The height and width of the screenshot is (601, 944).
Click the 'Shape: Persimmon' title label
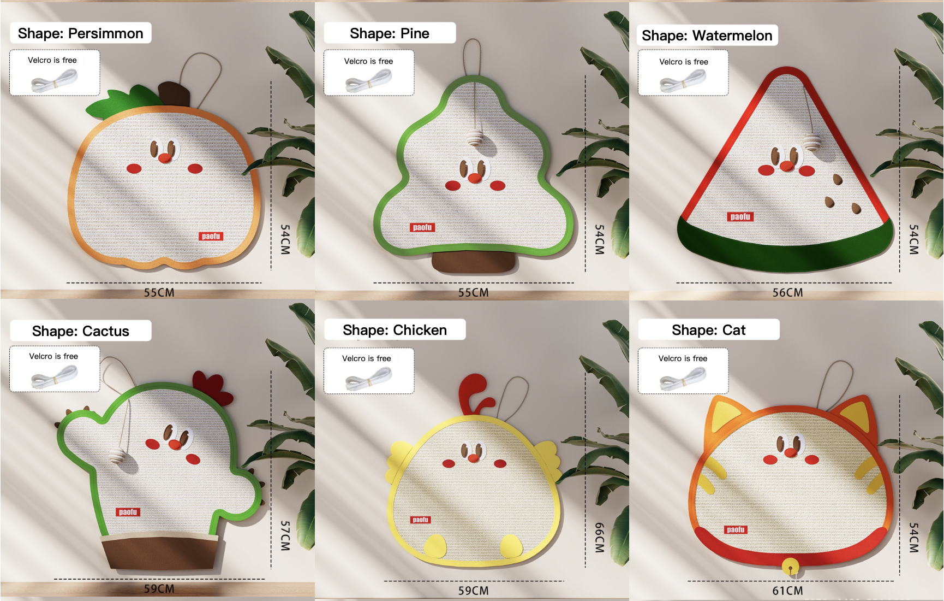(x=80, y=33)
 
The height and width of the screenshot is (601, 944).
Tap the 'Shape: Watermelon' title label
(x=707, y=36)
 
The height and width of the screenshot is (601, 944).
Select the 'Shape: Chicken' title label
(x=395, y=330)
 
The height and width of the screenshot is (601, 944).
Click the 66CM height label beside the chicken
(x=599, y=537)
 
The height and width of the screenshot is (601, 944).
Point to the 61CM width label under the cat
(x=787, y=591)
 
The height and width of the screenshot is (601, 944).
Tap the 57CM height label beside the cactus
(x=285, y=535)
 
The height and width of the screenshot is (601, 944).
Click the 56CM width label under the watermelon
(x=787, y=292)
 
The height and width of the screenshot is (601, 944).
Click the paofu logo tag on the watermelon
(x=740, y=217)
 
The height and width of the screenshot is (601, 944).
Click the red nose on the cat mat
(x=790, y=452)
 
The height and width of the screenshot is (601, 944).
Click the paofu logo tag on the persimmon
(x=211, y=236)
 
